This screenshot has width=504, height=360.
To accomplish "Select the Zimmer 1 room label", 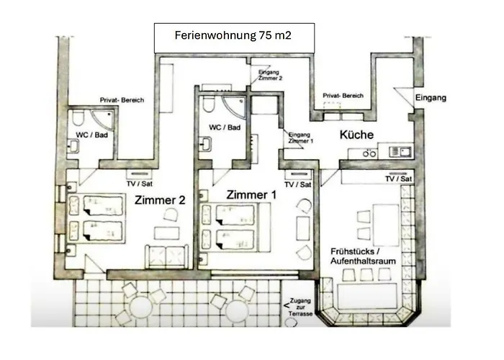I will (x=251, y=194).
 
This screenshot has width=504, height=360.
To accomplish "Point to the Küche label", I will (x=356, y=135).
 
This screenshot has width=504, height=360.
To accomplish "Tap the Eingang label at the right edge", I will (x=431, y=97).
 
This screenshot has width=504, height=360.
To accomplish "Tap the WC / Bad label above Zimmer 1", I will (x=224, y=127).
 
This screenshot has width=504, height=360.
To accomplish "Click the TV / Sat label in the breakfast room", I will (x=397, y=179).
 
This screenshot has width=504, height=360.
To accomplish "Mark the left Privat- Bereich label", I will (x=122, y=100).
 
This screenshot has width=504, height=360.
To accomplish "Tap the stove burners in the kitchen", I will (x=369, y=153).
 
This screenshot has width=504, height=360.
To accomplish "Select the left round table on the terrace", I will (x=138, y=309).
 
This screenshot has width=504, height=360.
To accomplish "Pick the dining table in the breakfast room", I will (x=384, y=223).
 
